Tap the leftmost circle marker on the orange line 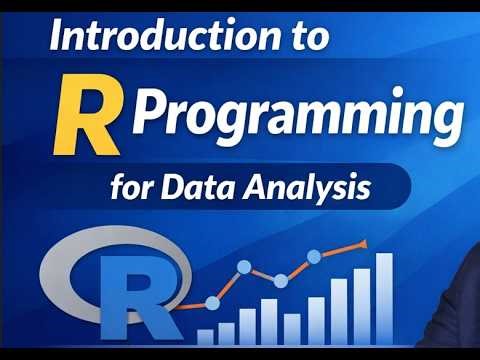click(211, 303)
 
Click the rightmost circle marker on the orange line click(315, 257)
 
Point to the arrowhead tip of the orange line click(367, 241)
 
